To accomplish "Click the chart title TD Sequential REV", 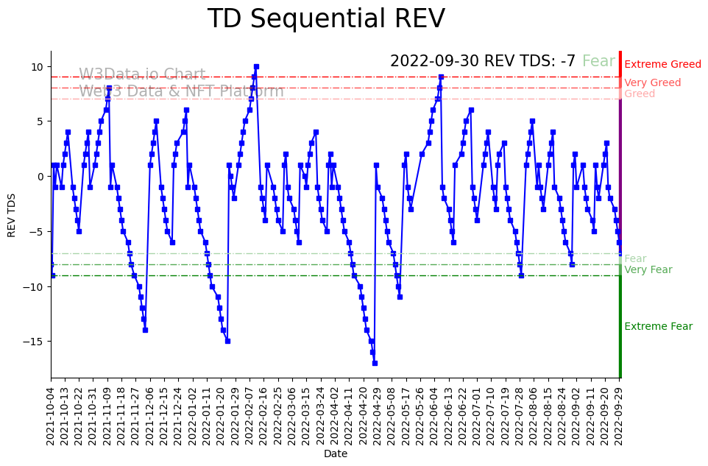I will pyautogui.click(x=326, y=19).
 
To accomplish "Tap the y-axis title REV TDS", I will pyautogui.click(x=12, y=214).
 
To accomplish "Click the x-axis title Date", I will pyautogui.click(x=336, y=454).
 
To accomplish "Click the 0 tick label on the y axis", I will pyautogui.click(x=42, y=177).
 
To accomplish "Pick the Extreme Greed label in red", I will pyautogui.click(x=662, y=65).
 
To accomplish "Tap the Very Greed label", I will pyautogui.click(x=652, y=83).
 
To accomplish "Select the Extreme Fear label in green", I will pyautogui.click(x=658, y=327).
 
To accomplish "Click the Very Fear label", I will pyautogui.click(x=648, y=270).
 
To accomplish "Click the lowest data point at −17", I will pyautogui.click(x=375, y=363).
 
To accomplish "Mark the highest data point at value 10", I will pyautogui.click(x=256, y=66).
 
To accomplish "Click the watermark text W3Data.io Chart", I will pyautogui.click(x=142, y=74).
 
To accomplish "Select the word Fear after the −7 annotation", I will pyautogui.click(x=598, y=61).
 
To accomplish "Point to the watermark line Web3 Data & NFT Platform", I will pyautogui.click(x=181, y=91).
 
